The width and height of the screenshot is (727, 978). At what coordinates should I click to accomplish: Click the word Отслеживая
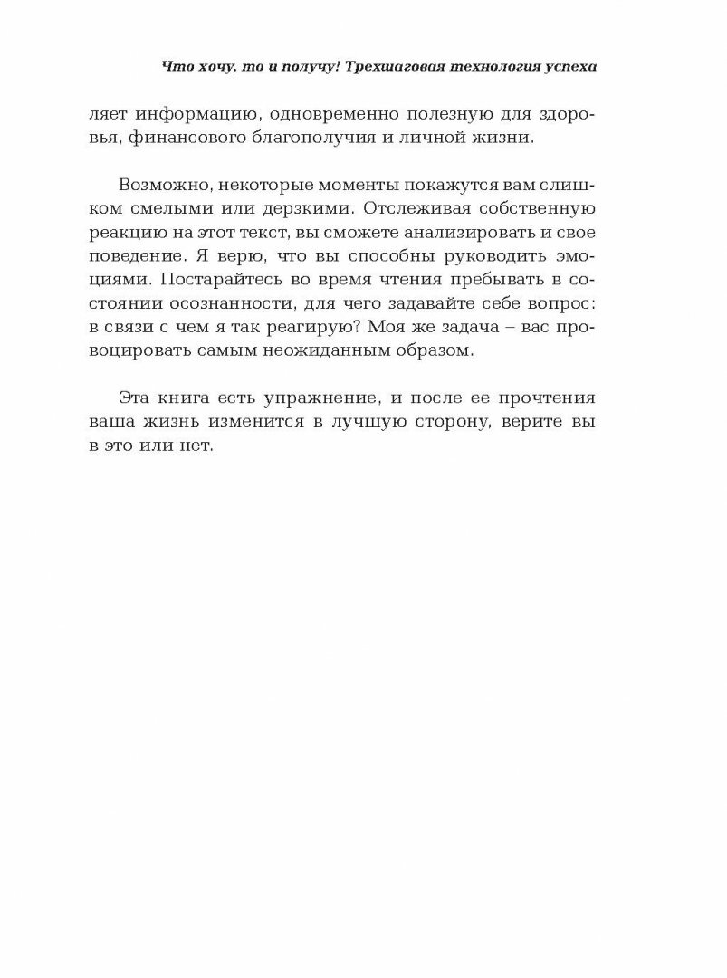click(x=417, y=209)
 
